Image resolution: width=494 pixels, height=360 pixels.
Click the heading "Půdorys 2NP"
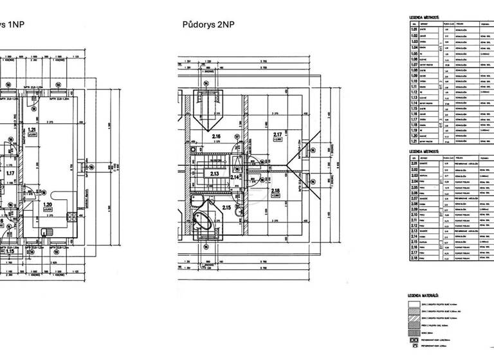tap(208, 24)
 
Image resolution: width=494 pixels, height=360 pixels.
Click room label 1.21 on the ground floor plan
tap(31, 130)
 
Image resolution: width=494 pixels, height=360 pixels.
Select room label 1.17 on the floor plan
tap(10, 172)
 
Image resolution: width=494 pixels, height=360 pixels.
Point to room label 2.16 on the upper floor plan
tap(216, 136)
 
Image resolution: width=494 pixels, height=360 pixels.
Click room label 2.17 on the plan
tap(277, 134)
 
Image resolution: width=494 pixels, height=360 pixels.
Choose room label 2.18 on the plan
tap(275, 191)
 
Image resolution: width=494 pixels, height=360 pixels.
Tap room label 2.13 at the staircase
tap(215, 173)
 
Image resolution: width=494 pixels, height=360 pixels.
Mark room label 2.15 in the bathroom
tap(226, 207)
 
